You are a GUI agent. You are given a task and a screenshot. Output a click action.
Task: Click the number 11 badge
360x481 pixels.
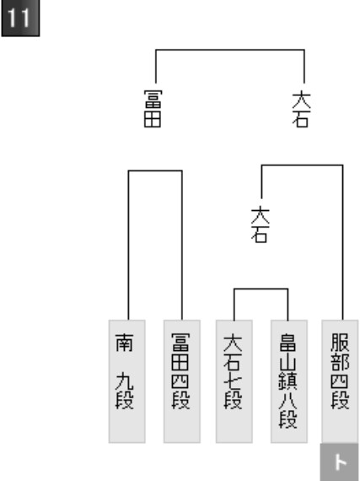click(20, 18)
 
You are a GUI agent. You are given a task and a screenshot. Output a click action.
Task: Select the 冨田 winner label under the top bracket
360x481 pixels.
click(153, 108)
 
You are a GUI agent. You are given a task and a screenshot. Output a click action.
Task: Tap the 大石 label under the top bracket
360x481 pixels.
click(301, 108)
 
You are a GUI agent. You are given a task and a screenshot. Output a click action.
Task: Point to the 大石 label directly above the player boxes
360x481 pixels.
click(261, 224)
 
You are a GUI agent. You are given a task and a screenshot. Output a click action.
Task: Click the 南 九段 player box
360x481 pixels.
click(126, 381)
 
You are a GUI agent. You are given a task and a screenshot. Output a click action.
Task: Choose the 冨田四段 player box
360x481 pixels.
click(182, 381)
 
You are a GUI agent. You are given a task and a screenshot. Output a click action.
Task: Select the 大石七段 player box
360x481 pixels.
click(234, 381)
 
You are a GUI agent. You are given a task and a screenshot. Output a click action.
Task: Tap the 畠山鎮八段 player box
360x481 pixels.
click(289, 381)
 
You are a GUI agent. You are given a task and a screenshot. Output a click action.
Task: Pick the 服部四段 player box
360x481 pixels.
click(340, 381)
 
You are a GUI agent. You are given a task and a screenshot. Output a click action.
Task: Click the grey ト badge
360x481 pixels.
click(340, 462)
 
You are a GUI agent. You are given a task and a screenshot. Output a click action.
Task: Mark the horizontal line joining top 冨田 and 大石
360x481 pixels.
click(230, 50)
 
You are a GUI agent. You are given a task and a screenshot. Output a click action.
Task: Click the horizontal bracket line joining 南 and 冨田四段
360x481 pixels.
click(155, 170)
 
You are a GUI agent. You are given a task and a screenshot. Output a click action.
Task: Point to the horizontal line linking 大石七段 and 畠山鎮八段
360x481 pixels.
click(261, 289)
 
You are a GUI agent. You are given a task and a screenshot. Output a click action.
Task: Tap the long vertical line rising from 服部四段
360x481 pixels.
click(342, 242)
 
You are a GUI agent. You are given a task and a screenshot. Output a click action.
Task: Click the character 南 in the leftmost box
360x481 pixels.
click(125, 343)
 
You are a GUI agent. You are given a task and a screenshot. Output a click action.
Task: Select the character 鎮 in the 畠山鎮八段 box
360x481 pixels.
click(287, 381)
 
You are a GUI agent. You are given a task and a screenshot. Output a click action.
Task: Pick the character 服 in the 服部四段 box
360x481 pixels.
click(340, 343)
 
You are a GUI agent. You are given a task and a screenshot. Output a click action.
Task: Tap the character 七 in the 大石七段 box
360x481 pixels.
click(233, 381)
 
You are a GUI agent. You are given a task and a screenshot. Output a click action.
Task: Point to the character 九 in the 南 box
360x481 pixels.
click(125, 381)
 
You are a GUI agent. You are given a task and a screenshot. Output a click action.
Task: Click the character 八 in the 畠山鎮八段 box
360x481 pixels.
click(287, 399)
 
